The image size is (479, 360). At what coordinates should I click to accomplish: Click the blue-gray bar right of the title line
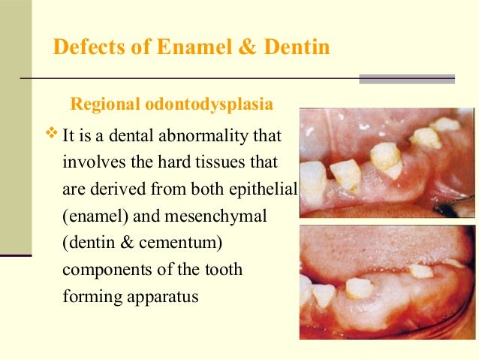click(x=407, y=78)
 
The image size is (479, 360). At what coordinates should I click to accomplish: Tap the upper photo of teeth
click(x=387, y=162)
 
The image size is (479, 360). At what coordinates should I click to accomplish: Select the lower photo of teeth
click(x=387, y=282)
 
